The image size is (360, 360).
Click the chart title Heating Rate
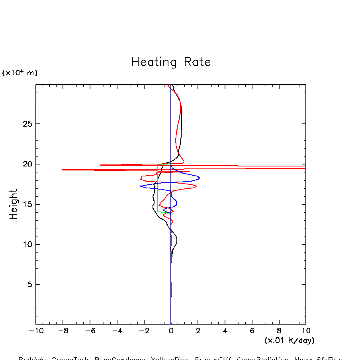coord(171,62)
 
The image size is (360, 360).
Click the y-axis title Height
coord(14,204)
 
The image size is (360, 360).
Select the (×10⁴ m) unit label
coord(20,73)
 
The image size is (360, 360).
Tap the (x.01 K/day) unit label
coord(289,340)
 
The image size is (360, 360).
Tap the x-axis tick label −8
coord(63,331)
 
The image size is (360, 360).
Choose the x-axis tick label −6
coord(90,331)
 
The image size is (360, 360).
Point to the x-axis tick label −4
coord(117,331)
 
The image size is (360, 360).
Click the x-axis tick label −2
coord(144,331)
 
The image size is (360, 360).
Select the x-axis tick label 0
coord(171,331)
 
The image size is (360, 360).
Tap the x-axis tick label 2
coord(198,331)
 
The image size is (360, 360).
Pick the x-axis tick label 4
coord(225,331)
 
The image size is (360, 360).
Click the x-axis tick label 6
coord(252,331)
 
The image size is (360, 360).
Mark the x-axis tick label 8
coord(279,331)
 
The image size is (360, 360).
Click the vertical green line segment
coord(157,191)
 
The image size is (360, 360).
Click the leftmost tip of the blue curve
coord(141,186)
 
